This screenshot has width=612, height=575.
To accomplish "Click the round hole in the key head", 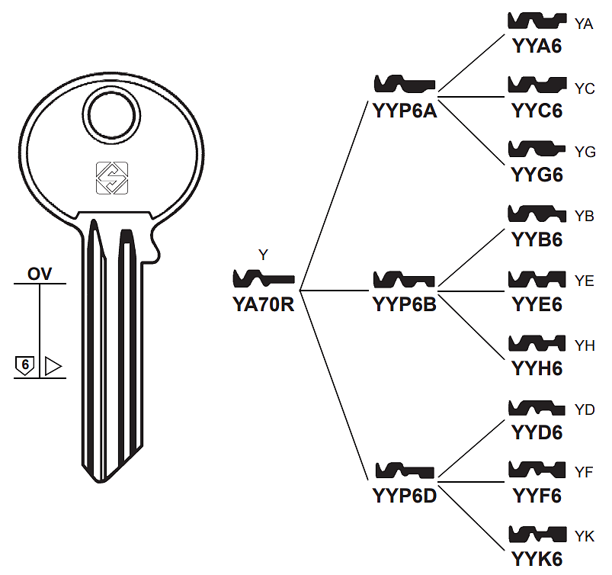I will click(111, 115).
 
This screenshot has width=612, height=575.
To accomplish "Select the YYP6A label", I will click(405, 111).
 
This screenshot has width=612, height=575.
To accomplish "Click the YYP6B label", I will click(405, 305).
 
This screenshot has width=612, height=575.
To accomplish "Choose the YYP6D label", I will click(405, 496).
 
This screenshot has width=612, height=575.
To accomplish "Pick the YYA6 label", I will click(537, 46).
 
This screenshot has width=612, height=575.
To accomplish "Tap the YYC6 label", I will click(537, 111).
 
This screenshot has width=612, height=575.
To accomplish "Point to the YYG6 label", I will click(537, 175).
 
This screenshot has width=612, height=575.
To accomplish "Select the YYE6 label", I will click(537, 305).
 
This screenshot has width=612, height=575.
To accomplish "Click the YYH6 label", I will click(537, 369).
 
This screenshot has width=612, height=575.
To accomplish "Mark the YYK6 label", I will click(537, 560).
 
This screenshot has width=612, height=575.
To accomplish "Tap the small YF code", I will click(585, 472).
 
